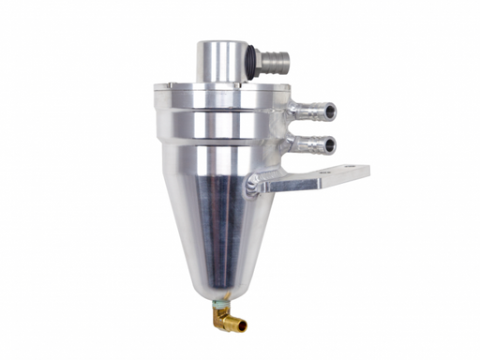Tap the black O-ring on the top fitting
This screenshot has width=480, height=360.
pos(251,62)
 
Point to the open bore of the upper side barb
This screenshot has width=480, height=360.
pos(331,112)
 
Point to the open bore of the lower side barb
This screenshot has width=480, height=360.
pos(331,145)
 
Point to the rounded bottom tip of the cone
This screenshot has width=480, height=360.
pos(217,291)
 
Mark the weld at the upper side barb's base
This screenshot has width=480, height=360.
pos(285,112)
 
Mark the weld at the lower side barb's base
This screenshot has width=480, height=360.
pos(285,144)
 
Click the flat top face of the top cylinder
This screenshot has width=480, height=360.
pos(221,44)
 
